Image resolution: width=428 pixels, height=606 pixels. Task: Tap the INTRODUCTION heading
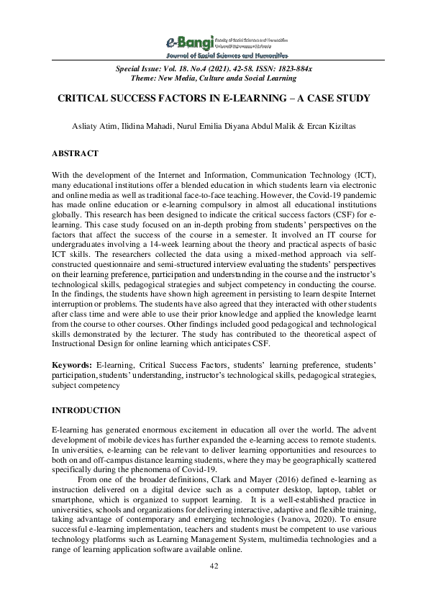[86, 410]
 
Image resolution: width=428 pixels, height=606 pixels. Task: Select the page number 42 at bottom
[214, 567]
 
